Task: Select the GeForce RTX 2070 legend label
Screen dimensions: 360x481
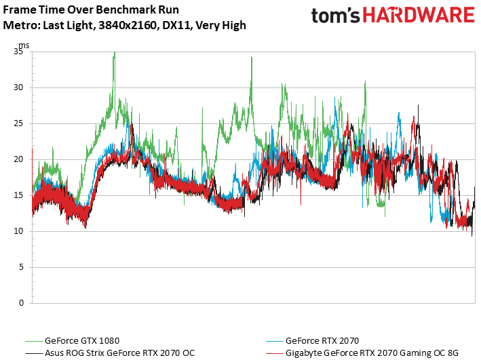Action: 322,340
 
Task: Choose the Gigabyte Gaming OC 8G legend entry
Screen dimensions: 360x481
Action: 372,353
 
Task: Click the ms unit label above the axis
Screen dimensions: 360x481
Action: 24,45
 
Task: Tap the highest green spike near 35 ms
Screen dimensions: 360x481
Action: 114,53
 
